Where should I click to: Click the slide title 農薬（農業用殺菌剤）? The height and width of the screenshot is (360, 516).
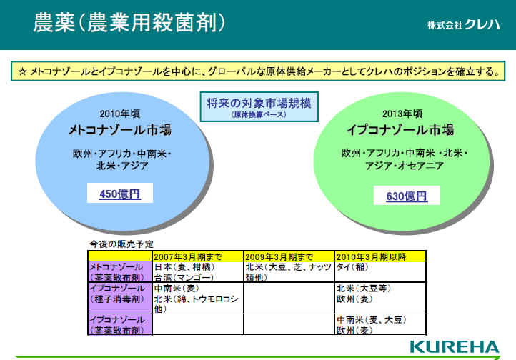pos(129,23)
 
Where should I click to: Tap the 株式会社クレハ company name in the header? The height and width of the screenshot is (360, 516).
pos(463,24)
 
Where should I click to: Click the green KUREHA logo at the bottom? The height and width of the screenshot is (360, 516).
pos(455,347)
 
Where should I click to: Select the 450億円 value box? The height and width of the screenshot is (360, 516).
pos(120,193)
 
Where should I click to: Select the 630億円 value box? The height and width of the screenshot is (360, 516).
pos(407,196)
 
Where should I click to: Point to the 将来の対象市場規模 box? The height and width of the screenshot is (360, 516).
pos(259,107)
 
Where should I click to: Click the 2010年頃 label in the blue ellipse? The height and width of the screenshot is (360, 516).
pos(120,114)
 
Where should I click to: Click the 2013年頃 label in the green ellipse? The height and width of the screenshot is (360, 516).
pos(402,114)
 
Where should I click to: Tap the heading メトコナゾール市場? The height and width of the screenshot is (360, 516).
pos(120,130)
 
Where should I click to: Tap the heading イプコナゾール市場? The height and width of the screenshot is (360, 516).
pos(400,130)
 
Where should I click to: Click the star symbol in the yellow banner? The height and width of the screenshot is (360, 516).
pos(22,71)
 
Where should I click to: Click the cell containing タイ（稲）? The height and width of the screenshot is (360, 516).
pos(380,272)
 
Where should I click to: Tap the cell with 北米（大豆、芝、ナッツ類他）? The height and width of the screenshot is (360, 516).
pos(289,272)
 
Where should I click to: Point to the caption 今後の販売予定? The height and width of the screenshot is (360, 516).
pos(121,244)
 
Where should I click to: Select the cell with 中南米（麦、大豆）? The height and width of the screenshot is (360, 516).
pos(380,324)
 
